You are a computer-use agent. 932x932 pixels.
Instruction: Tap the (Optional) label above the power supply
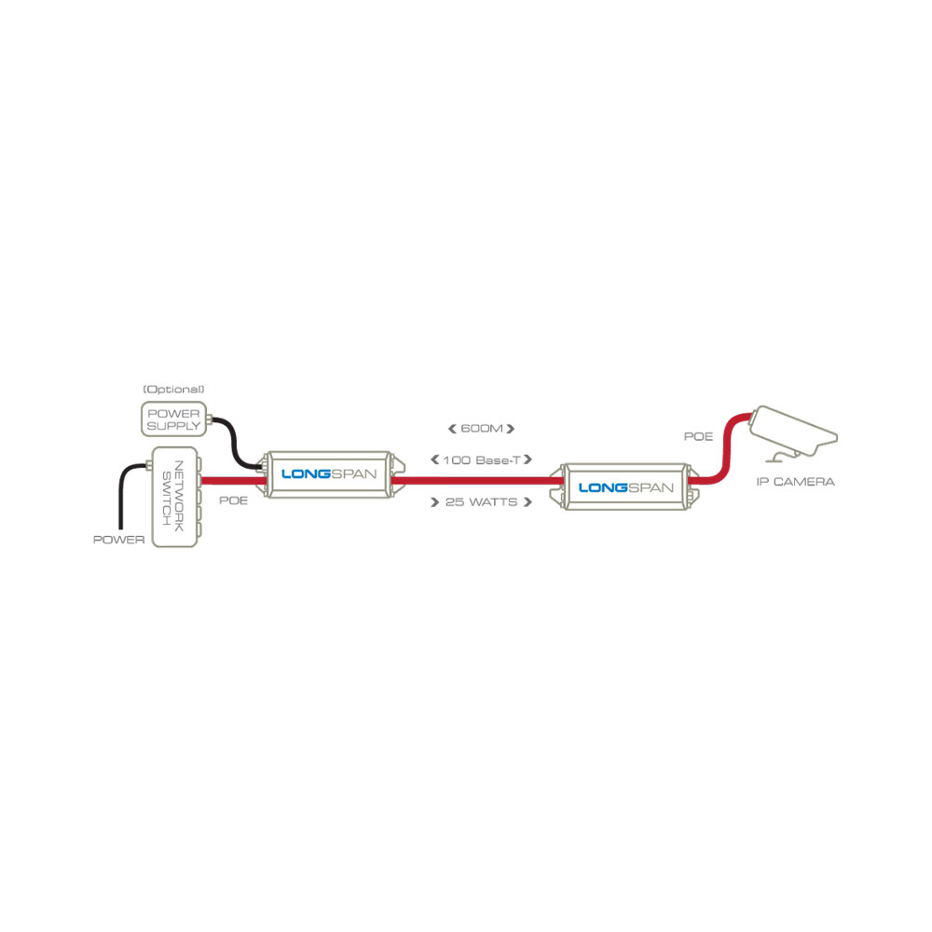coord(172,389)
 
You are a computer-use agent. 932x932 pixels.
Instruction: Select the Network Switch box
coord(174,500)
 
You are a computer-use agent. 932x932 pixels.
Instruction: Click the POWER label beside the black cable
coord(119,540)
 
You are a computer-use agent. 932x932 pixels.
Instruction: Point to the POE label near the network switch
coord(232,500)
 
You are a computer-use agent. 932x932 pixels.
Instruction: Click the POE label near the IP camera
coord(698,435)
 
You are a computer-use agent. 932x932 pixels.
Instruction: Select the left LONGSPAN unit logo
coord(330,474)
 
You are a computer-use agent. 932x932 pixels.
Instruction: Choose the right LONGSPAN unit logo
coord(625,487)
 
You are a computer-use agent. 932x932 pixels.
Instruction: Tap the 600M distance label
coord(481,429)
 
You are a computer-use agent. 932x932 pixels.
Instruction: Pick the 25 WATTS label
coord(481,501)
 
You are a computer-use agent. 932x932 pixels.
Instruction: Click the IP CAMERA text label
coord(795,482)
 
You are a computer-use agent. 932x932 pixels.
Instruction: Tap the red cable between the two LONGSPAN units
coord(475,481)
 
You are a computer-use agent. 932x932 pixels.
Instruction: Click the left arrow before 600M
coord(452,429)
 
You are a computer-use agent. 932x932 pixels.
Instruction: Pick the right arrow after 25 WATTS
coord(528,501)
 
